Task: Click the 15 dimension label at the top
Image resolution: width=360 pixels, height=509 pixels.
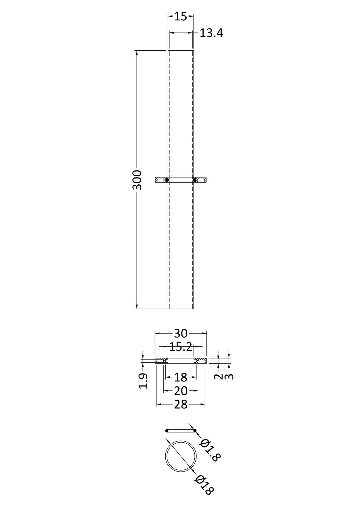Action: [181, 16]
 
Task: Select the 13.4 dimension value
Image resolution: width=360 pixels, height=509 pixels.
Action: [211, 33]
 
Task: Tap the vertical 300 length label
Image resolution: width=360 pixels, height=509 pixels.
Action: [137, 180]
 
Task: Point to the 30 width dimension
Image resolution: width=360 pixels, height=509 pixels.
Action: [181, 334]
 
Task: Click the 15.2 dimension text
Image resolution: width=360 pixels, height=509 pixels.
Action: [181, 347]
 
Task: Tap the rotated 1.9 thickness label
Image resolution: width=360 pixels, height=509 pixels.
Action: [143, 381]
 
